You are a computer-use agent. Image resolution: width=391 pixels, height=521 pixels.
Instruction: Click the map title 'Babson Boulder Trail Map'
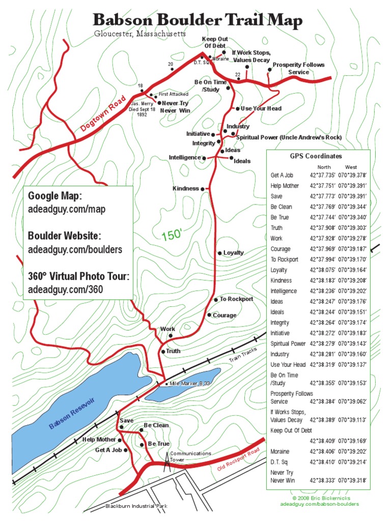(198, 20)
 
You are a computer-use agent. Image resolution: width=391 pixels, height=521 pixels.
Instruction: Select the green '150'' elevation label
(172, 236)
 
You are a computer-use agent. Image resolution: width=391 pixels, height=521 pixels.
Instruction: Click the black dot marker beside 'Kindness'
(202, 189)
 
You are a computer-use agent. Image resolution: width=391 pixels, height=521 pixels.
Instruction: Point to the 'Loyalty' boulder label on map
(233, 253)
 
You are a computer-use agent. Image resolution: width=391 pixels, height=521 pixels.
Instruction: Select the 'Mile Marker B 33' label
(189, 383)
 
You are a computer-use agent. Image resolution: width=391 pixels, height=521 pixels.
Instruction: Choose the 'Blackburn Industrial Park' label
(136, 506)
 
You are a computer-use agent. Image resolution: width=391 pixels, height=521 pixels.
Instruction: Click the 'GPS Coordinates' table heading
(316, 157)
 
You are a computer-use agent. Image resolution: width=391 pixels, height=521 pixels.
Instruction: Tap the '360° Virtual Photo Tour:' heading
(78, 276)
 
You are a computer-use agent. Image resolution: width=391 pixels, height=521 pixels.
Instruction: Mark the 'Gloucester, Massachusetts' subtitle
(140, 34)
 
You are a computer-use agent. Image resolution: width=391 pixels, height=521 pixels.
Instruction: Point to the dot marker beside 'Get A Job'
(126, 450)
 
